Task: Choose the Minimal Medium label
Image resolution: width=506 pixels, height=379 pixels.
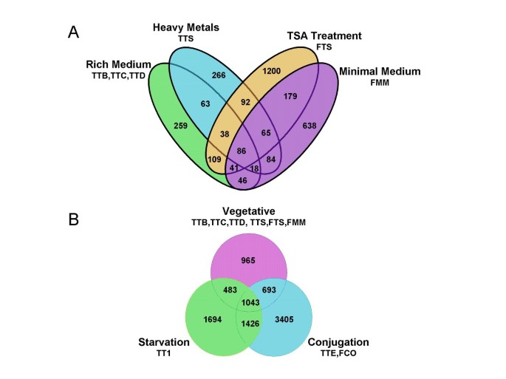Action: pos(379,72)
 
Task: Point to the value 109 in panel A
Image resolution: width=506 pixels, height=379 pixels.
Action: pos(215,160)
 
